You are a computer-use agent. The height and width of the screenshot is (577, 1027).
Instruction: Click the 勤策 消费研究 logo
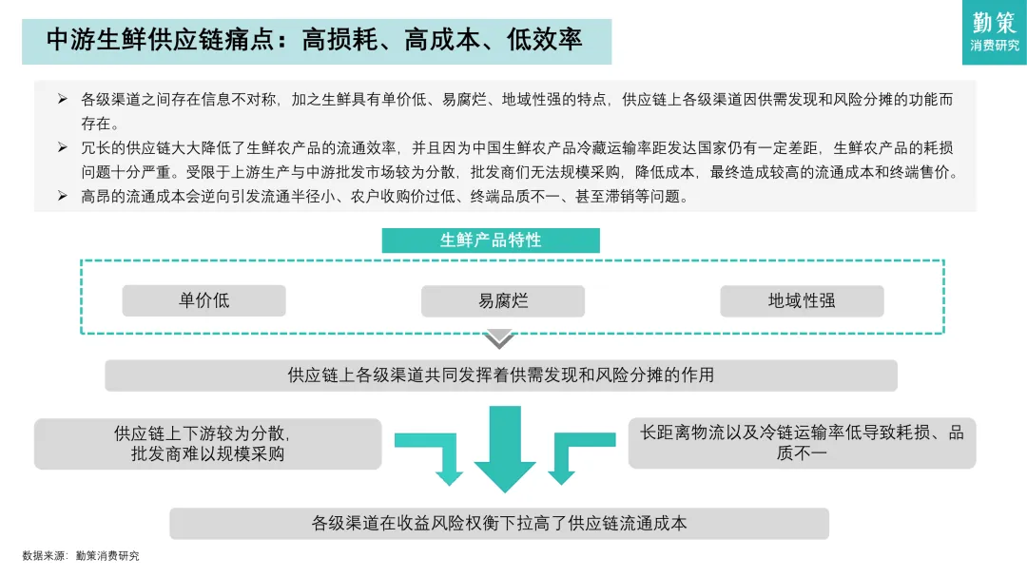click(x=994, y=32)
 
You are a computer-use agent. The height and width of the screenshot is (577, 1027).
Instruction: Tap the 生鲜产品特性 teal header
click(x=491, y=240)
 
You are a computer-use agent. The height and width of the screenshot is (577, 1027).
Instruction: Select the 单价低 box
click(x=203, y=300)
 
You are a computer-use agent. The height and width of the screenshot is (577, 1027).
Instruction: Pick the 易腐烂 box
click(x=503, y=300)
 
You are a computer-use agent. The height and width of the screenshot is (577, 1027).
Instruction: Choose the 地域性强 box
click(x=802, y=300)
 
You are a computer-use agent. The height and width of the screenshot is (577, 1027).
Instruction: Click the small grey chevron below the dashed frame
click(x=498, y=339)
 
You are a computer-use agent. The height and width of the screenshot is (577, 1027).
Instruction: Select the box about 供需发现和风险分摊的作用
click(x=501, y=375)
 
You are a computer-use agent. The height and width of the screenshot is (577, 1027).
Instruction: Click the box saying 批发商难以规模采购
click(x=207, y=444)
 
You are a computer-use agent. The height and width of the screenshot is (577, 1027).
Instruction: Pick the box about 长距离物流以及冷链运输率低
click(x=802, y=443)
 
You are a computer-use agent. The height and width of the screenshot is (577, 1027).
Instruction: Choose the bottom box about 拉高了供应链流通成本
click(x=499, y=523)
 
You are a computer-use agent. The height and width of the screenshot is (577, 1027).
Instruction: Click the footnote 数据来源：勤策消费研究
click(x=81, y=556)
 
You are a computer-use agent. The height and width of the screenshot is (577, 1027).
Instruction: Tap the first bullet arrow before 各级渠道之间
click(x=63, y=100)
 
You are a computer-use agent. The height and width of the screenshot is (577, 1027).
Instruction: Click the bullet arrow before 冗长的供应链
click(x=63, y=147)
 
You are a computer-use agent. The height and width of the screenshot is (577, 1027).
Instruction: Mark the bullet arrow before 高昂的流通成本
click(x=63, y=196)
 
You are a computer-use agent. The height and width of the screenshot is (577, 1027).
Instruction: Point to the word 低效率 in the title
click(x=544, y=40)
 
